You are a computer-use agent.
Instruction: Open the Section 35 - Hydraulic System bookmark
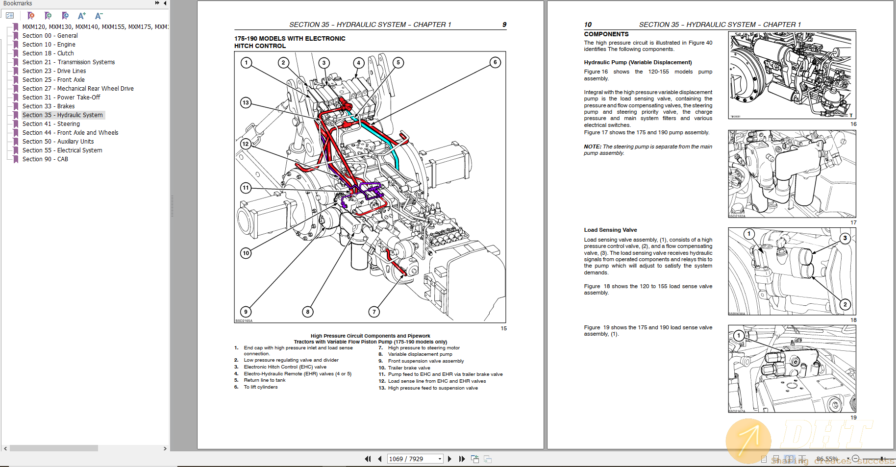tap(63, 115)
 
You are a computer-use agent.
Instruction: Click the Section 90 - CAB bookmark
tap(45, 159)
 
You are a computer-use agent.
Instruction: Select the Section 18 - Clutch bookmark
tap(48, 53)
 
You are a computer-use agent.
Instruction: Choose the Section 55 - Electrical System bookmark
tap(62, 150)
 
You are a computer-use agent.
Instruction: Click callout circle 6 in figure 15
tap(495, 62)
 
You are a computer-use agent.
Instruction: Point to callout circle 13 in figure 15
tap(246, 102)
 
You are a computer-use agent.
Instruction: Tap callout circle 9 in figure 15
tap(246, 312)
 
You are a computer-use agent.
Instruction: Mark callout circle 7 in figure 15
tap(374, 312)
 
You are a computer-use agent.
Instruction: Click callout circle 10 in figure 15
tap(246, 253)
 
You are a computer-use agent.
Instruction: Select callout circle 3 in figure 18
tap(845, 238)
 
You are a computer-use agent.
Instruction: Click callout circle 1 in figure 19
tap(738, 336)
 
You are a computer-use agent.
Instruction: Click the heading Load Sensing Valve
tap(610, 230)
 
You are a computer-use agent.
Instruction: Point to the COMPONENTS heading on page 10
tap(606, 34)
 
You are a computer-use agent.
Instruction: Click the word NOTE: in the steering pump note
tap(592, 147)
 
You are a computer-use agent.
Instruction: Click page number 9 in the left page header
tap(504, 25)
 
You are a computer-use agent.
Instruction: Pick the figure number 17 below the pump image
tap(853, 222)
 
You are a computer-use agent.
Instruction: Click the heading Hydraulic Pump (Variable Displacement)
tap(638, 62)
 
